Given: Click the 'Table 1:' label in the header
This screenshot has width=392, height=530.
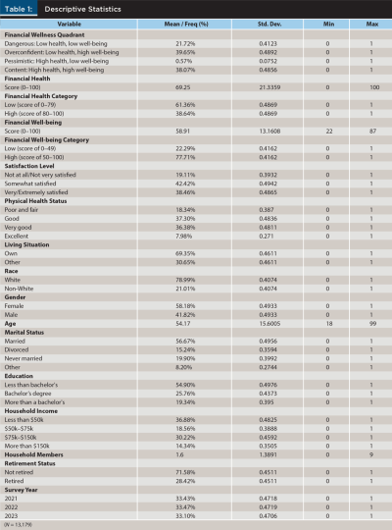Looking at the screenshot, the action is click(22, 9).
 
